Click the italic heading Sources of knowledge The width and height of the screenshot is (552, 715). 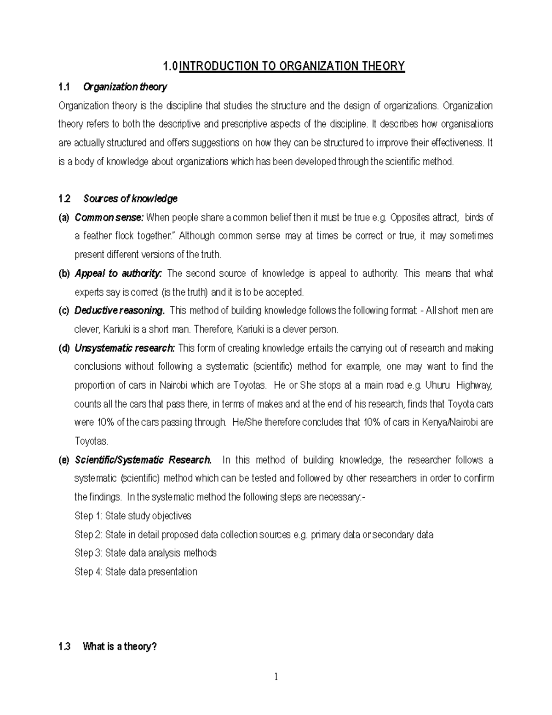(x=130, y=199)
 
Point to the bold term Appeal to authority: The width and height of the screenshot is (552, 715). (x=118, y=273)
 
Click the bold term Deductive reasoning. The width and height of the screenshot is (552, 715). (x=119, y=311)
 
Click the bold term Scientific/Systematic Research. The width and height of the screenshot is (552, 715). (x=143, y=460)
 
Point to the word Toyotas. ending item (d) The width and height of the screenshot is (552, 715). (x=92, y=442)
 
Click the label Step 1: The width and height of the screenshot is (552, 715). (x=88, y=516)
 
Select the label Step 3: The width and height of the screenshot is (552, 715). (x=88, y=553)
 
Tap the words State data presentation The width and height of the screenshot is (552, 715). (x=151, y=572)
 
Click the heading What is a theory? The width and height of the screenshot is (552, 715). (x=120, y=647)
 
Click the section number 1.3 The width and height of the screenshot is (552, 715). (x=64, y=647)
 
